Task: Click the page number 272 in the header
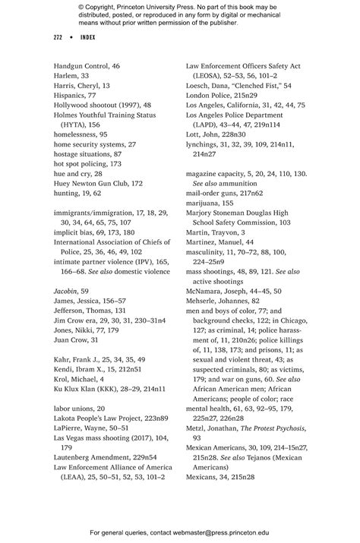[x=58, y=37]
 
